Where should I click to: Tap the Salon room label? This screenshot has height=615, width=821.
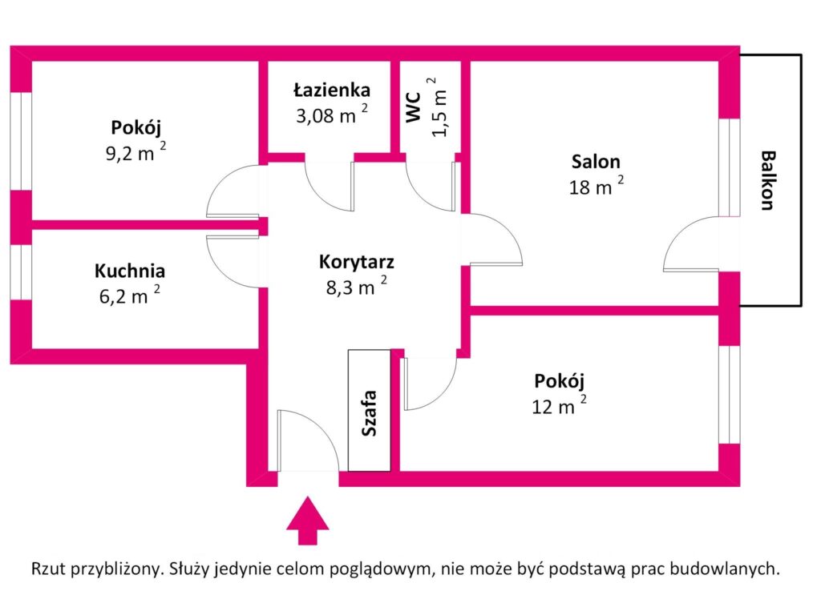[x=596, y=162]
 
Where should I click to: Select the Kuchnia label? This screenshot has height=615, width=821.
[x=130, y=271]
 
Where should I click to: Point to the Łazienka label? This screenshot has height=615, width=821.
[x=332, y=90]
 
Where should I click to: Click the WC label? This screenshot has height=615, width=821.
[x=414, y=107]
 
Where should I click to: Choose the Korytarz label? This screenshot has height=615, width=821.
[x=356, y=261]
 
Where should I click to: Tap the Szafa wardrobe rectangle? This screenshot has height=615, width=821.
[x=370, y=411]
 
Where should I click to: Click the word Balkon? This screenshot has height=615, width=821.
[x=767, y=180]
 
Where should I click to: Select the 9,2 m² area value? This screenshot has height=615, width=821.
[x=136, y=153]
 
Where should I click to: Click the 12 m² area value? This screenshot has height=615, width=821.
[x=559, y=405]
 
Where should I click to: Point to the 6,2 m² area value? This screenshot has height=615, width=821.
[x=128, y=295]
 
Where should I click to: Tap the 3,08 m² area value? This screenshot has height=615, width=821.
[x=332, y=115]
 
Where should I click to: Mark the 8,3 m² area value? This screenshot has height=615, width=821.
[x=356, y=287]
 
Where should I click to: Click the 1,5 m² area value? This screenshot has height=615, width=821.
[x=439, y=108]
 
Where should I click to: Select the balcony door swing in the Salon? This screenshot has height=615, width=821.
[x=690, y=244]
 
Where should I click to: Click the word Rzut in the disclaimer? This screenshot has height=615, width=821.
[x=49, y=569]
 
